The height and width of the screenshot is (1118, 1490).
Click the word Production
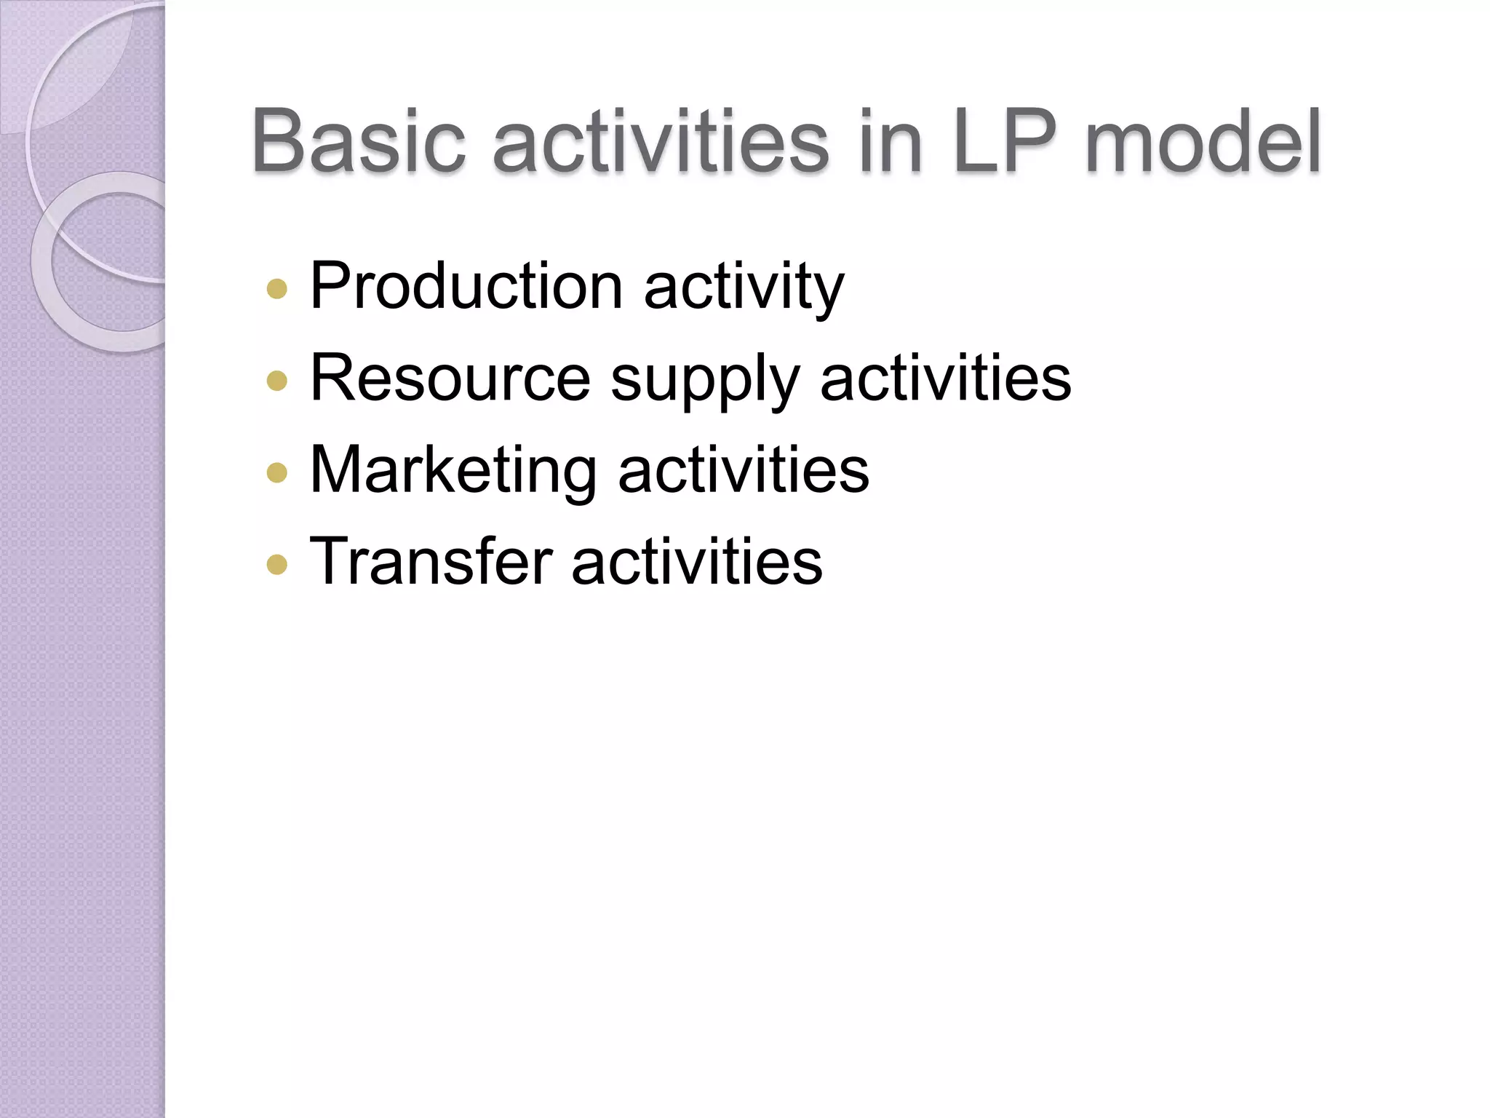tap(466, 286)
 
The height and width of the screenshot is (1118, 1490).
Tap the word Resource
tap(450, 378)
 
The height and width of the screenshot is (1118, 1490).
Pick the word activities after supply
tap(945, 378)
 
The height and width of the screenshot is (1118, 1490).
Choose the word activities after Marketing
tap(743, 470)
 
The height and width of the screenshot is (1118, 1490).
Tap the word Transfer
tap(431, 562)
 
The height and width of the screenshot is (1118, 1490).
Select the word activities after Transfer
tap(696, 562)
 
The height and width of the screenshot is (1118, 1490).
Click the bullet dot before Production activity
tap(277, 289)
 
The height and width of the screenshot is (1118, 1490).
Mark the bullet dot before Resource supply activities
tap(277, 381)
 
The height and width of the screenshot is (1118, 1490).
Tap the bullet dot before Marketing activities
tap(277, 473)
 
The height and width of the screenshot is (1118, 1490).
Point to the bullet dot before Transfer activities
tap(277, 564)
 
